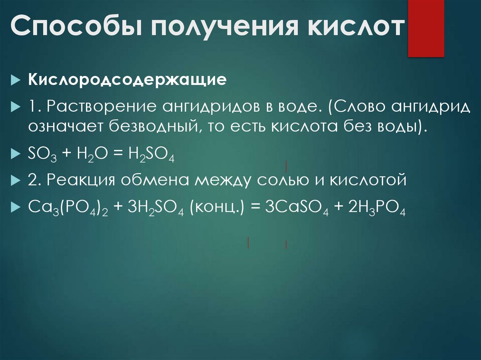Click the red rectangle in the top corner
click(x=426, y=28)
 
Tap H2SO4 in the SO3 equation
click(x=151, y=153)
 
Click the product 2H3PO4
click(x=376, y=207)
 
